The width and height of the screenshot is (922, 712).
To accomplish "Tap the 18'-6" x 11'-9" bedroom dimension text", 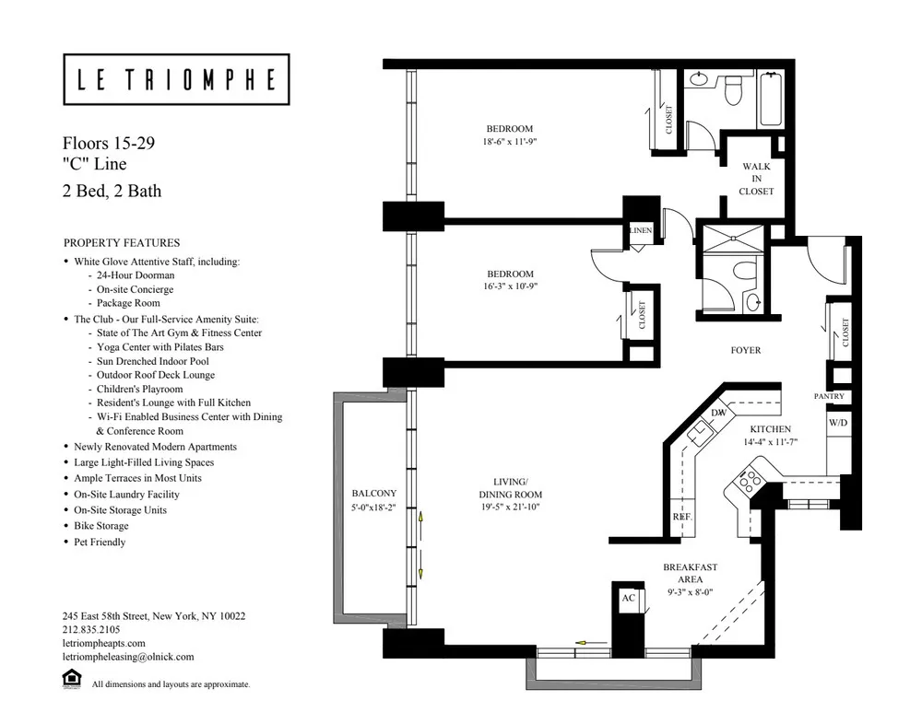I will tap(510, 143).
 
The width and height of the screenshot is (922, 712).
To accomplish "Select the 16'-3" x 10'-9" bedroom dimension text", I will tap(510, 286).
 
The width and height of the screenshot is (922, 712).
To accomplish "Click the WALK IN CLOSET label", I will tap(756, 179).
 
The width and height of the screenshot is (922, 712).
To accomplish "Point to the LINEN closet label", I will tap(642, 229).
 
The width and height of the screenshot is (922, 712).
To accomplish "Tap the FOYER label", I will tap(746, 351).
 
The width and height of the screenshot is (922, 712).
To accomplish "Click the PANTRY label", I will tap(829, 396).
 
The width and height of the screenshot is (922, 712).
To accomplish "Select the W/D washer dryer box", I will tap(837, 423).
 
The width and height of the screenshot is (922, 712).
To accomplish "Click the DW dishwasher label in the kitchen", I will tap(717, 414).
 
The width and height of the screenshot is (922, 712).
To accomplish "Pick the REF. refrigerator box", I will tap(681, 517).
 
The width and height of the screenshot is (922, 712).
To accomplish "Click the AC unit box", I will tap(629, 597).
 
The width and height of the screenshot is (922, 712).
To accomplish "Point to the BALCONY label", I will tap(373, 493).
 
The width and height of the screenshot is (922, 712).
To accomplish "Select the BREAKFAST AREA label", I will tap(691, 573).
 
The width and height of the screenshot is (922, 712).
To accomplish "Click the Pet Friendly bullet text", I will tap(100, 542).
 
